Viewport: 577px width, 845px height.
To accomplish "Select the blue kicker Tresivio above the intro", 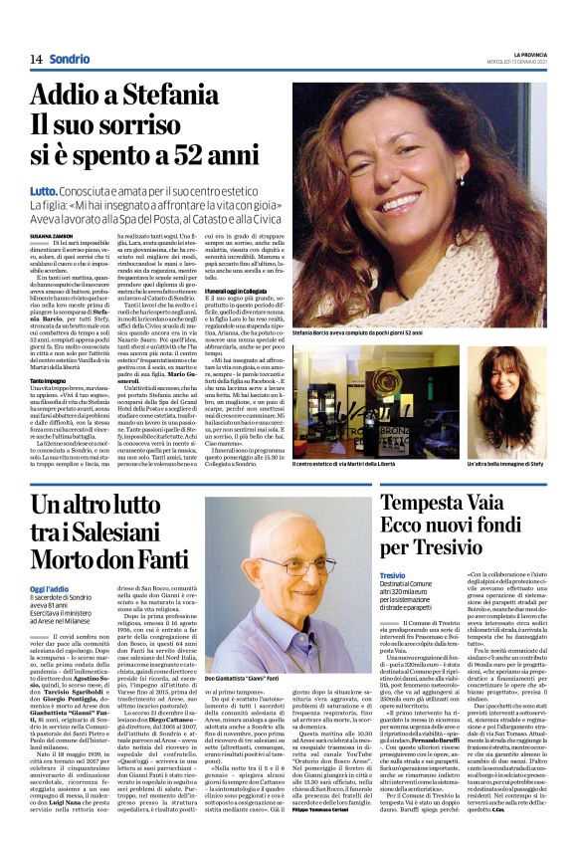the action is tap(392, 576).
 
